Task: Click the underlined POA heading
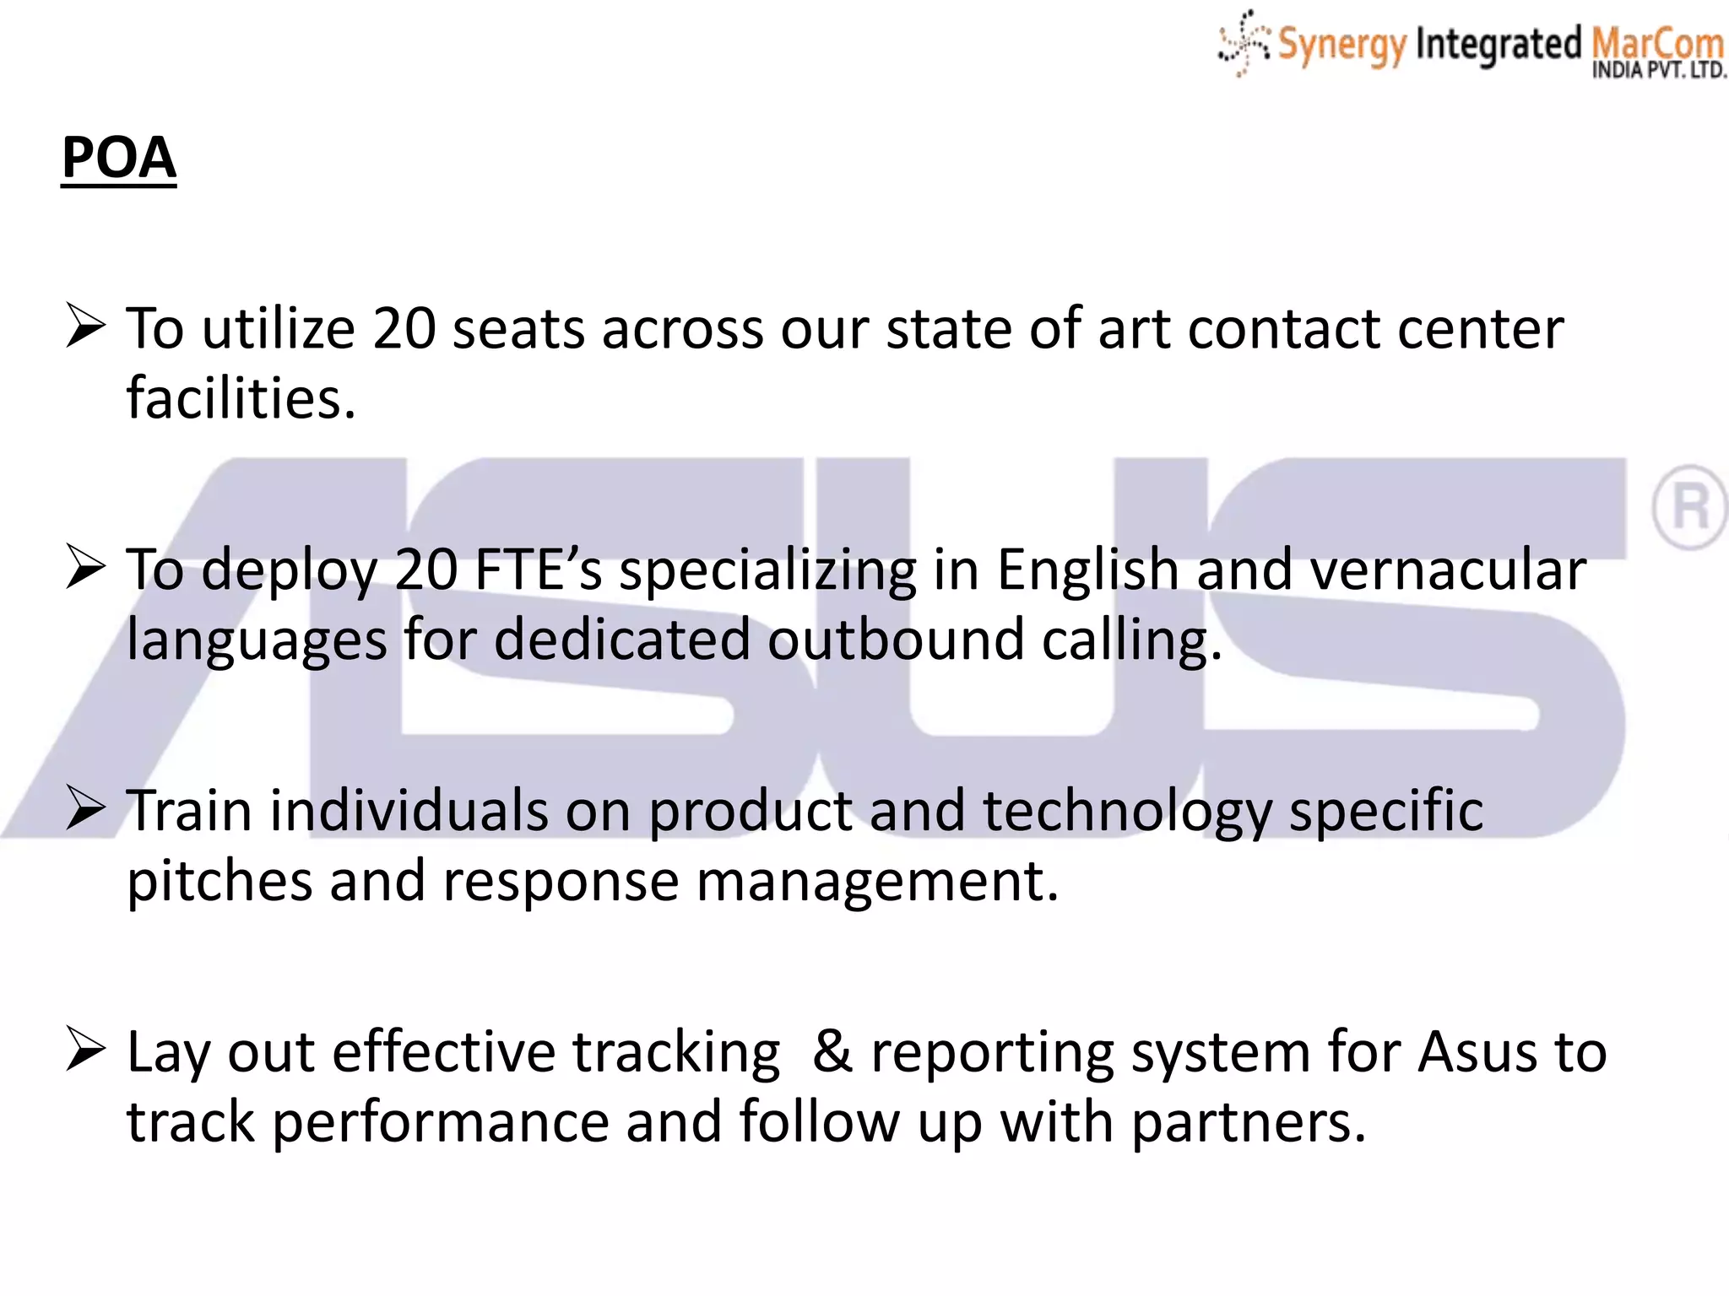coord(119,158)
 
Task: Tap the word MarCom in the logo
coord(1656,42)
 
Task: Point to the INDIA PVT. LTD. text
coord(1659,71)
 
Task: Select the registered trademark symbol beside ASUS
coord(1689,507)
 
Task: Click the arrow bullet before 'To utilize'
coord(85,327)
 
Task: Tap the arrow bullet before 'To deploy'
coord(85,568)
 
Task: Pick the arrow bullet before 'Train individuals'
coord(85,809)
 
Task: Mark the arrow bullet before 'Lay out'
coord(85,1050)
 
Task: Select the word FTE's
coord(539,570)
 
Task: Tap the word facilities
coord(241,397)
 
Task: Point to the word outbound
coord(895,640)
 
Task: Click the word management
coord(878,882)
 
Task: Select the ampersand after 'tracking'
coord(832,1052)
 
